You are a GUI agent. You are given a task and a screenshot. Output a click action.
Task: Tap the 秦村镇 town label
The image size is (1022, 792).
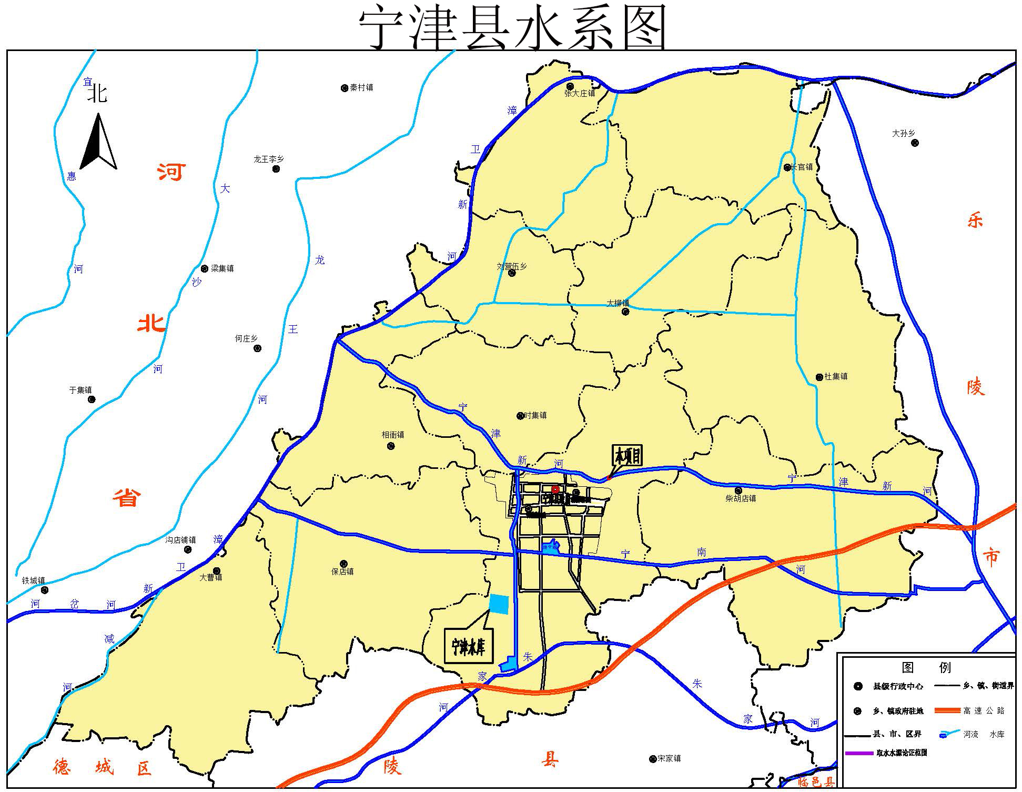(361, 88)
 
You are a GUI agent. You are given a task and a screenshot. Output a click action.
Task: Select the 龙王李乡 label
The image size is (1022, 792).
(268, 159)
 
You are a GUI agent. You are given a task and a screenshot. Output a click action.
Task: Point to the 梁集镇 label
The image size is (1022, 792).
(222, 268)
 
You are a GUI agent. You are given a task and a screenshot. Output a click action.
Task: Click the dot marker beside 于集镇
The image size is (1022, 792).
(92, 399)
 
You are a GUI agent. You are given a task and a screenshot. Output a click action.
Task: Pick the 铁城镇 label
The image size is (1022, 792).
(33, 580)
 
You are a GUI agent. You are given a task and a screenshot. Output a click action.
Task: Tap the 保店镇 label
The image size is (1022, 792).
(342, 572)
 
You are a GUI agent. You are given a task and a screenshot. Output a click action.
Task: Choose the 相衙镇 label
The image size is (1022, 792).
(393, 435)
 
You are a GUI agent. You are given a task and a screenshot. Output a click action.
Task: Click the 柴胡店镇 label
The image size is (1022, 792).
(741, 498)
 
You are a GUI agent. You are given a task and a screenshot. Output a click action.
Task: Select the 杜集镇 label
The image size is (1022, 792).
(836, 377)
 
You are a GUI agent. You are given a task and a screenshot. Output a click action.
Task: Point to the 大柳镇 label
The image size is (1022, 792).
(618, 303)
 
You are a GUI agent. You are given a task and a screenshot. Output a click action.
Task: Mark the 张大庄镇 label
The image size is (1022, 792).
(580, 94)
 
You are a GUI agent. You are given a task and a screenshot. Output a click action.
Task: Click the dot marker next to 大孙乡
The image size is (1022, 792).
(915, 143)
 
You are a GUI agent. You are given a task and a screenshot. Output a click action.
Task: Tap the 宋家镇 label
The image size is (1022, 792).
(669, 758)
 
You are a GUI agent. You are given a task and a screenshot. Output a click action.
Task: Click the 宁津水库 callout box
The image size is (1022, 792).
(468, 645)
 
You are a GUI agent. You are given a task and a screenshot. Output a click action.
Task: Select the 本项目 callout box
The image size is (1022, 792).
(627, 456)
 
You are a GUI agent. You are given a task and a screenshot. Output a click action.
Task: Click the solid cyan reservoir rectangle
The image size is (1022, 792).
(499, 604)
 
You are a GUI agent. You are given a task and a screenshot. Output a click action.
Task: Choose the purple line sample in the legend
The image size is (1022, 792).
(858, 753)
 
